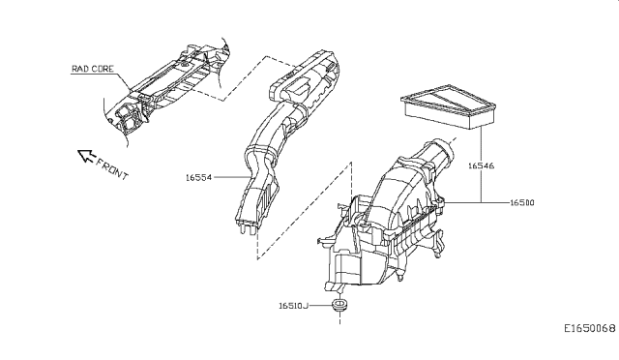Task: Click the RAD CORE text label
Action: click(93, 69)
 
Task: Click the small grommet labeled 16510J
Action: click(339, 307)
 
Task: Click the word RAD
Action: click(80, 69)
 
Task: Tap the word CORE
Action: click(103, 69)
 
